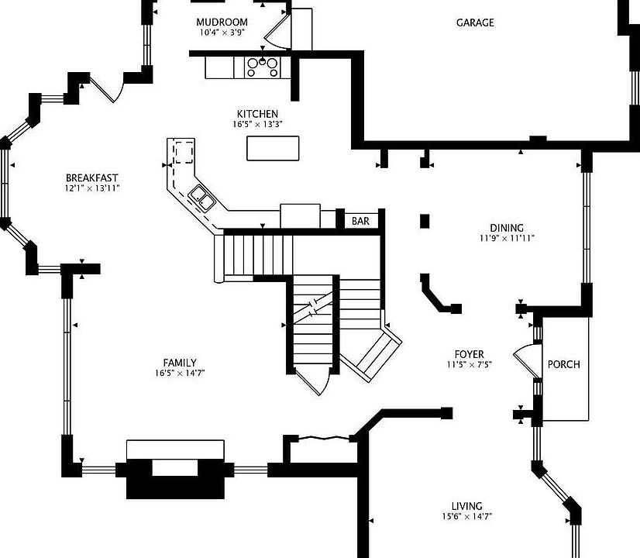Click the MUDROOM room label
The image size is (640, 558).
coord(222,22)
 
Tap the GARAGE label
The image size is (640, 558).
coord(475,22)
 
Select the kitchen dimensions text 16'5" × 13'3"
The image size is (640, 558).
coord(257,124)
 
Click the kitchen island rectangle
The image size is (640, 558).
coord(273,148)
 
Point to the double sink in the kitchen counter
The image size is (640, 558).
coord(201,198)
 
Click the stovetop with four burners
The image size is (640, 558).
coord(263,67)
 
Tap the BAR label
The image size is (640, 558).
coord(360,221)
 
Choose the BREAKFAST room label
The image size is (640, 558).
coord(92,178)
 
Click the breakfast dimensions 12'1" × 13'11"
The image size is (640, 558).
coord(92,188)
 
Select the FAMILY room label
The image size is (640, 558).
coord(180,363)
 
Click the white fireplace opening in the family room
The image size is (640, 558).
coord(175,468)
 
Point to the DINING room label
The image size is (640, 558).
coord(507,228)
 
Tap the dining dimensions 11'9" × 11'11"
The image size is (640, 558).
coord(507,239)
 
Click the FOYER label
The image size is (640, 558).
coord(470,354)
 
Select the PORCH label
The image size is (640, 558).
coord(563,364)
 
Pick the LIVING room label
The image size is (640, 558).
coord(467,506)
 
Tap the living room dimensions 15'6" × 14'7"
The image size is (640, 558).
coord(467,517)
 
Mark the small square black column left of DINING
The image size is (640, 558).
coord(425,221)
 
